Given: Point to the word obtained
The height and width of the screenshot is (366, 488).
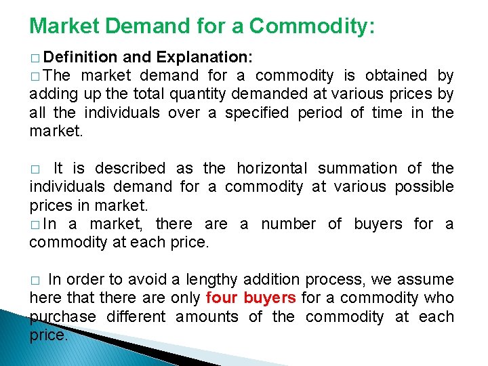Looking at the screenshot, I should (x=397, y=75).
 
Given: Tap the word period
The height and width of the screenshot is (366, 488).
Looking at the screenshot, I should (x=319, y=113).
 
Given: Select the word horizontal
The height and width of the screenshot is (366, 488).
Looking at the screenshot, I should (x=272, y=168).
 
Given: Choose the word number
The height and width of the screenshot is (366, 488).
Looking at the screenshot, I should (x=288, y=224).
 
